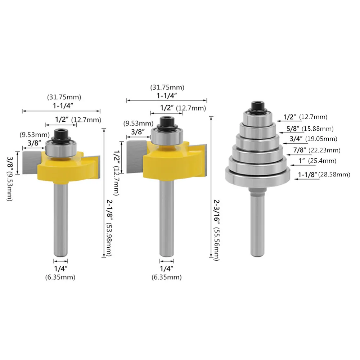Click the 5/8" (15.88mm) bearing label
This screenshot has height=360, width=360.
pyautogui.click(x=310, y=129)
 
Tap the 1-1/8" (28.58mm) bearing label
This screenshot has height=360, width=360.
pyautogui.click(x=324, y=175)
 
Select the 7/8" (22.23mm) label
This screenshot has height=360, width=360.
pyautogui.click(x=317, y=150)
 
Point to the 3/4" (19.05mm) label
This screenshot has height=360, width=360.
pyautogui.click(x=314, y=139)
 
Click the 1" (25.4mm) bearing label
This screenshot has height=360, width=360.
pyautogui.click(x=318, y=161)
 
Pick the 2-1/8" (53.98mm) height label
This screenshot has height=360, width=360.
pyautogui.click(x=109, y=228)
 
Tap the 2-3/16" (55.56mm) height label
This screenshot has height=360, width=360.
pyautogui.click(x=216, y=230)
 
